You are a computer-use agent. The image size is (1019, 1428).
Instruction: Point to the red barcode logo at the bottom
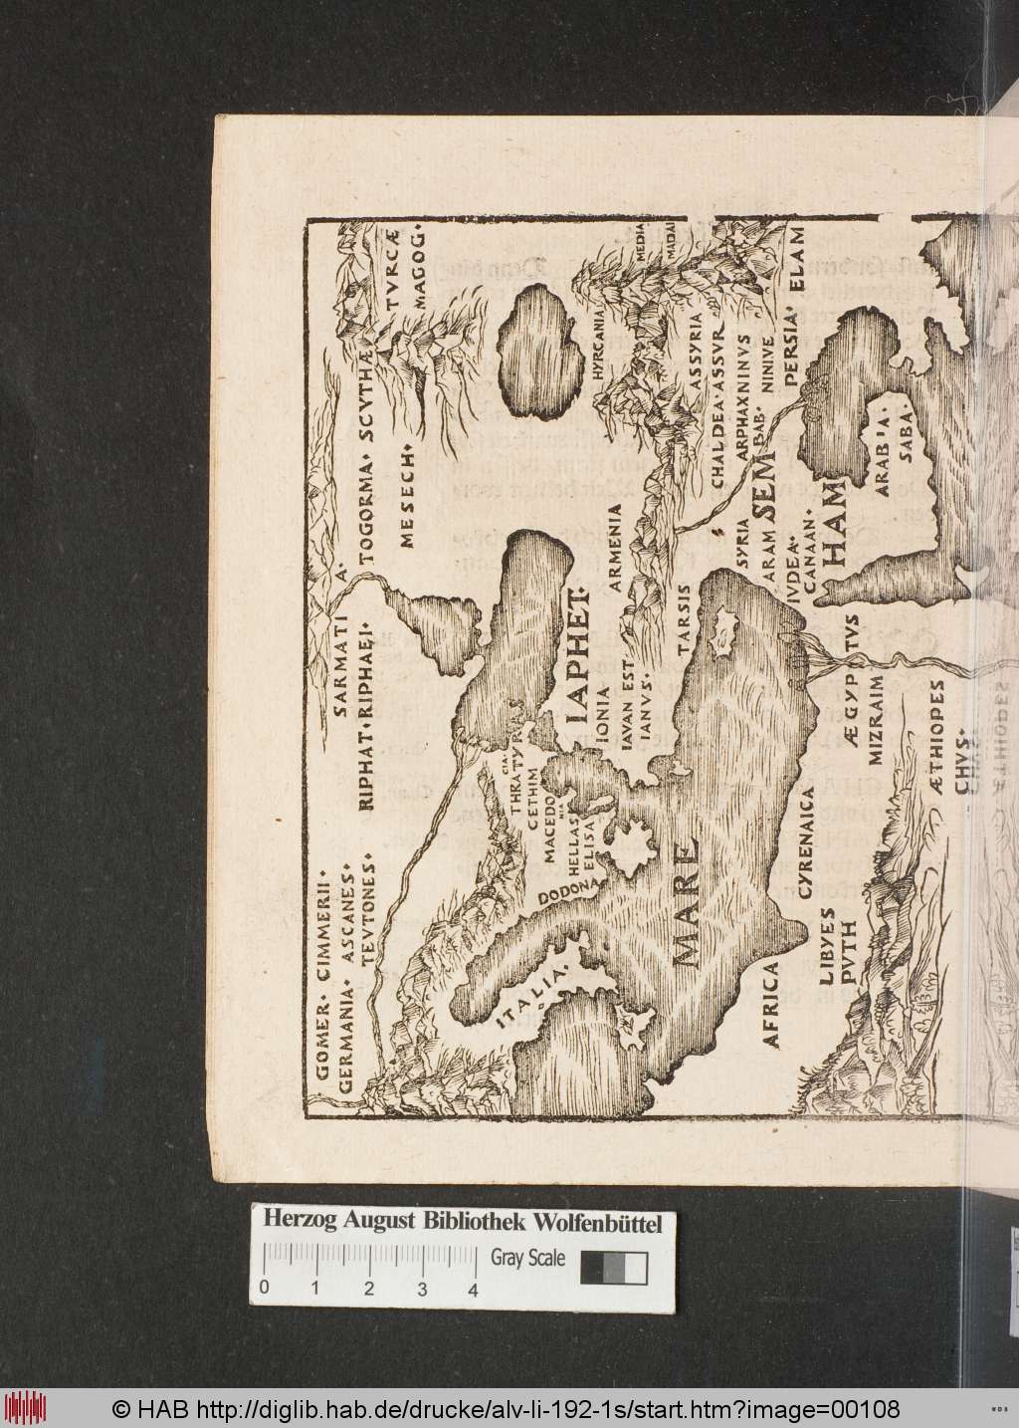click(x=34, y=1408)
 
